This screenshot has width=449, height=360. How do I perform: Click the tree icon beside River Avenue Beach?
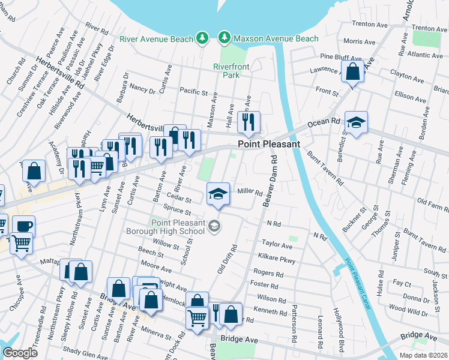coord(203,38)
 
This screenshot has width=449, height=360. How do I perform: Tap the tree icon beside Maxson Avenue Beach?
coord(225,38)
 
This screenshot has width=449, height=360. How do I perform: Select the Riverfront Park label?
coord(226,71)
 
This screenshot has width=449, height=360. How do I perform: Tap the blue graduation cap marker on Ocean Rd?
coord(356,122)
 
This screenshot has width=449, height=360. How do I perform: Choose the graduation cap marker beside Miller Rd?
coord(218,193)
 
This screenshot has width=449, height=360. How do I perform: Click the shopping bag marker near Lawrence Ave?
coord(353,71)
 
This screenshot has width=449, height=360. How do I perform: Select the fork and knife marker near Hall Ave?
coord(247,122)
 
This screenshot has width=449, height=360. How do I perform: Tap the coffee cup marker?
coord(23,227)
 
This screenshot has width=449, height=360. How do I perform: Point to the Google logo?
coord(20,352)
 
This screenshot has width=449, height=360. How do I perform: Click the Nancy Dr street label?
coord(143,88)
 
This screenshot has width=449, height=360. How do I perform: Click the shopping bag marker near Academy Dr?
coord(34,171)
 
